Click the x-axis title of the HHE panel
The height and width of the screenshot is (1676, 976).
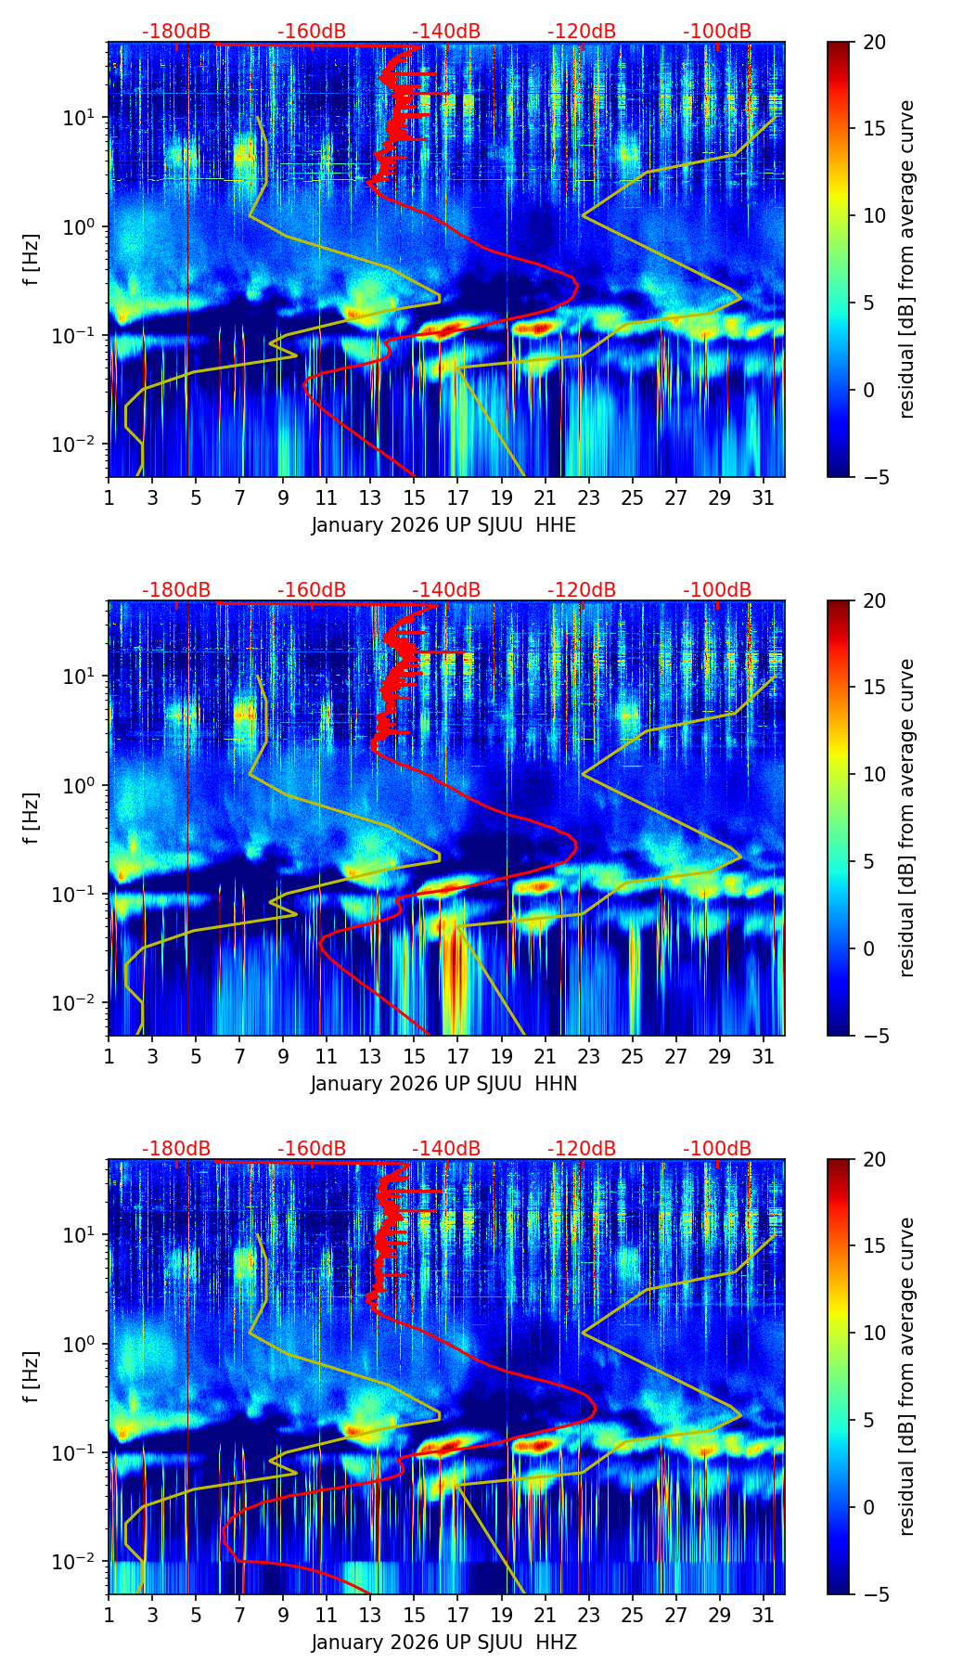(x=443, y=525)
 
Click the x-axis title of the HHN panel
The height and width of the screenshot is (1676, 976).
(x=443, y=1084)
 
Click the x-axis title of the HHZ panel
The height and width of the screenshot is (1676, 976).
(x=443, y=1643)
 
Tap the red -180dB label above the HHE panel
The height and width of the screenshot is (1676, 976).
(x=176, y=32)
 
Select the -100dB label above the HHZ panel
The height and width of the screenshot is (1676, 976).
(x=717, y=1149)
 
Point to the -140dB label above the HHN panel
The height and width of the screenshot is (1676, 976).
(x=446, y=590)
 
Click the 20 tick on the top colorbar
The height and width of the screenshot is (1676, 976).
(x=873, y=42)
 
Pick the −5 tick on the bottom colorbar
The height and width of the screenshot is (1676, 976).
(x=873, y=1594)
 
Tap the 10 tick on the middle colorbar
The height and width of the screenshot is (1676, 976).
(x=873, y=774)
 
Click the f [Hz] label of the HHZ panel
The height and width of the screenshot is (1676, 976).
(x=32, y=1377)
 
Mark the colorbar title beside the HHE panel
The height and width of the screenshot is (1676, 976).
(x=907, y=259)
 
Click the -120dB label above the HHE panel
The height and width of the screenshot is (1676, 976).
(x=582, y=32)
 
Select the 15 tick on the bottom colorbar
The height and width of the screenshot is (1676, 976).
(x=873, y=1245)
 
